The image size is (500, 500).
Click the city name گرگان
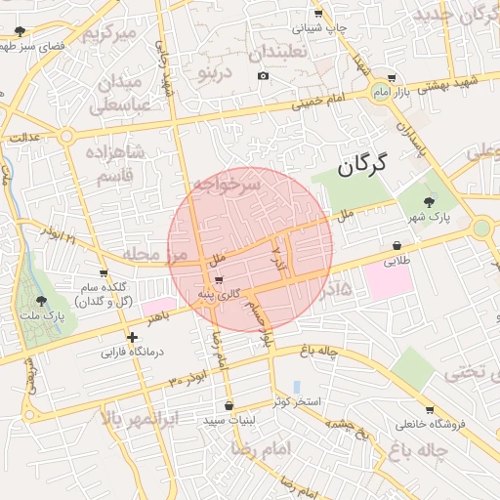coord(362,165)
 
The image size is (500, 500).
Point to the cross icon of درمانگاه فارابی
coord(132,337)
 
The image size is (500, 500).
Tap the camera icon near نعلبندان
coord(263,76)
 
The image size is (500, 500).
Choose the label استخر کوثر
coord(294,401)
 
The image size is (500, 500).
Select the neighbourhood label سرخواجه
coord(227,183)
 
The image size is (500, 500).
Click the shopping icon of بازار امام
coord(392,79)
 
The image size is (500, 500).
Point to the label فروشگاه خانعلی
coord(431,424)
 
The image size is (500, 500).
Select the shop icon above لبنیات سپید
coord(229,405)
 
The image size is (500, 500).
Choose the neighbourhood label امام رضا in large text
coord(264,447)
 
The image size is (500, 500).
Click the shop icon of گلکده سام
coord(104,273)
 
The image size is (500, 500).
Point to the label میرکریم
coord(105,35)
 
